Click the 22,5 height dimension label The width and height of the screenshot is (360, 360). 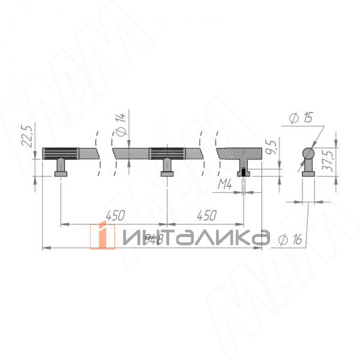coord(26,136)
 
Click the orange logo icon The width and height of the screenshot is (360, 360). coord(103,236)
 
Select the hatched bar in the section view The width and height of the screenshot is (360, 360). coord(240,152)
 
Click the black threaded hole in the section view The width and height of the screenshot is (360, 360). coord(243,173)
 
